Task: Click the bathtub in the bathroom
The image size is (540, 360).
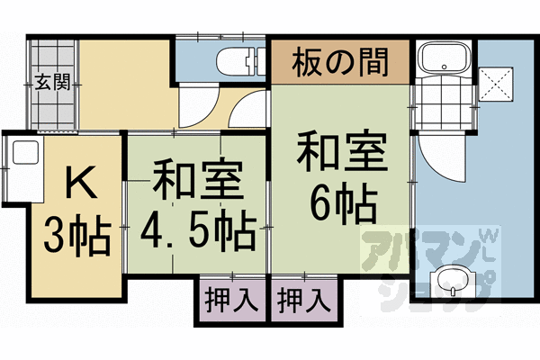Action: [x=443, y=60]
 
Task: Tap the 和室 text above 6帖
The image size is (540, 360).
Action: [x=341, y=154]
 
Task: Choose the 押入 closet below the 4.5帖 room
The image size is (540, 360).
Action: [x=229, y=298]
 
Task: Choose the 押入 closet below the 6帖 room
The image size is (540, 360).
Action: [x=302, y=298]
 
